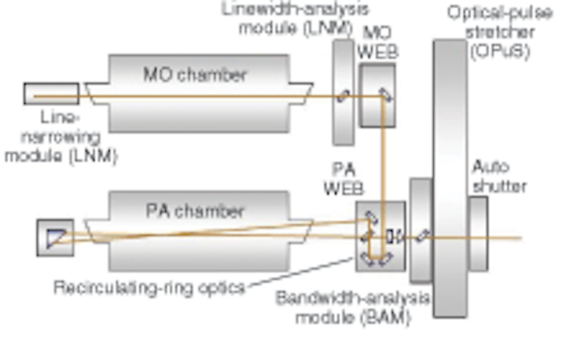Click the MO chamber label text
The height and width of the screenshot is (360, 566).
click(x=195, y=75)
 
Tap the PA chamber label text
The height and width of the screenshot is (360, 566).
click(x=195, y=211)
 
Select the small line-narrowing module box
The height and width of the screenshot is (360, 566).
click(x=51, y=94)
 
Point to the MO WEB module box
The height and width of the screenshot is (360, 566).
click(x=377, y=96)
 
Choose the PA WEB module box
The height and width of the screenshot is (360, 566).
click(x=380, y=237)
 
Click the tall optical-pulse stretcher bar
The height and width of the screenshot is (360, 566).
click(x=450, y=178)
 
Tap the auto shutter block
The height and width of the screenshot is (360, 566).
click(x=478, y=234)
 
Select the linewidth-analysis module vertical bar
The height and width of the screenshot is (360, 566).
click(x=344, y=93)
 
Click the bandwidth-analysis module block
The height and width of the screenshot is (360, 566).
click(x=421, y=230)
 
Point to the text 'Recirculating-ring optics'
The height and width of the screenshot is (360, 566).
click(x=149, y=288)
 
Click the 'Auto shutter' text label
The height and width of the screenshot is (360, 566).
click(x=500, y=177)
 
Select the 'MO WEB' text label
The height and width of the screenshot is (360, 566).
click(x=377, y=42)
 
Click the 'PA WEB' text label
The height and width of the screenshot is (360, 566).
click(x=344, y=178)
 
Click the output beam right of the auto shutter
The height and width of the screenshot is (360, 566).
click(x=505, y=238)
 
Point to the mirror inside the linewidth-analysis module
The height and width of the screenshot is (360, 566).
click(x=344, y=97)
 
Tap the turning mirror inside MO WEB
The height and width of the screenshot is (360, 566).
click(x=385, y=95)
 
